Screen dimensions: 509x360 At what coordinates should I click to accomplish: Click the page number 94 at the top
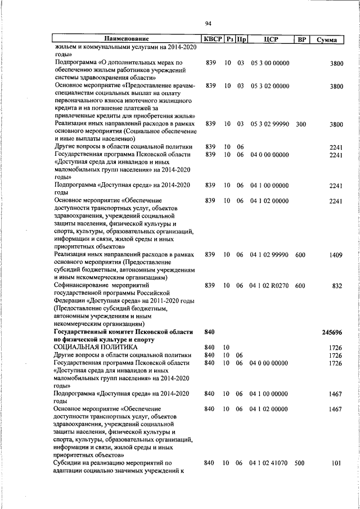(x=208, y=23)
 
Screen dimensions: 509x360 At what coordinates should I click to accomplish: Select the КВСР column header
(x=212, y=40)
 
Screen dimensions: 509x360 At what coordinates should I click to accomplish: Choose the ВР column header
(x=301, y=40)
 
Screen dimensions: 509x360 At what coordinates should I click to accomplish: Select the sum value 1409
(x=335, y=255)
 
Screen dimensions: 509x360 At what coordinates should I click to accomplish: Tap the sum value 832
(x=337, y=286)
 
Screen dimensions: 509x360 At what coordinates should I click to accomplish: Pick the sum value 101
(x=337, y=463)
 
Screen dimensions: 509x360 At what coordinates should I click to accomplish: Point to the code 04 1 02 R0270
(x=269, y=286)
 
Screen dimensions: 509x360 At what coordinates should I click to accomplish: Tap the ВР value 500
(x=300, y=463)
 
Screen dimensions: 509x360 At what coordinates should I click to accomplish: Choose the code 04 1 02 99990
(x=269, y=255)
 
